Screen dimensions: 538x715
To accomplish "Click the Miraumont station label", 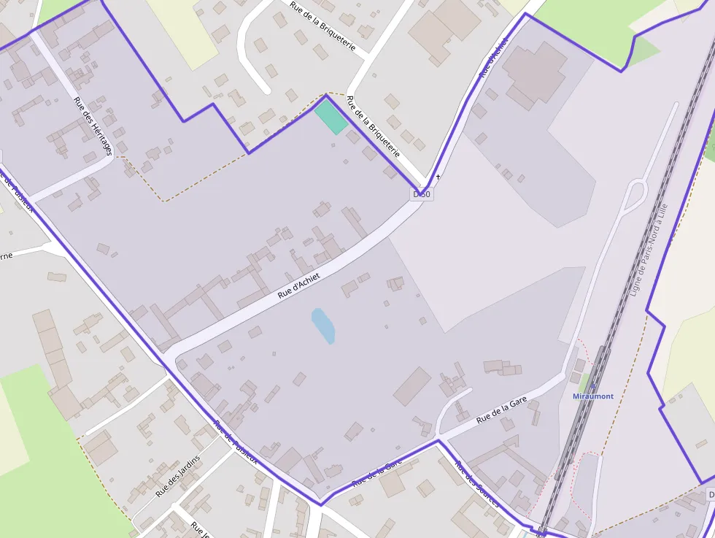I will (x=592, y=396).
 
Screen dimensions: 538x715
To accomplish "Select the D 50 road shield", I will (x=422, y=195).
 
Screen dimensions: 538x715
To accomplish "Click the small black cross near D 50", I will (x=438, y=177).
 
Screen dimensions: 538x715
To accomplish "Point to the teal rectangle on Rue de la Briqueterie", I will (x=331, y=117).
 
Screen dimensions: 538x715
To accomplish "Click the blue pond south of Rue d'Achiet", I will (x=323, y=326).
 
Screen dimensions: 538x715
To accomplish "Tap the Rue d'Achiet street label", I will (x=300, y=285).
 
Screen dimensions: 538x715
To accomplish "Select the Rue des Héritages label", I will (x=93, y=125).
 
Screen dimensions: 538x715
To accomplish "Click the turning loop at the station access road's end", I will (x=636, y=193).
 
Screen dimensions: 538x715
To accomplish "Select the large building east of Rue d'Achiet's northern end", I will (x=533, y=73).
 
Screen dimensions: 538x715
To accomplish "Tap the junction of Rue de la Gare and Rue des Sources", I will (x=438, y=441).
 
